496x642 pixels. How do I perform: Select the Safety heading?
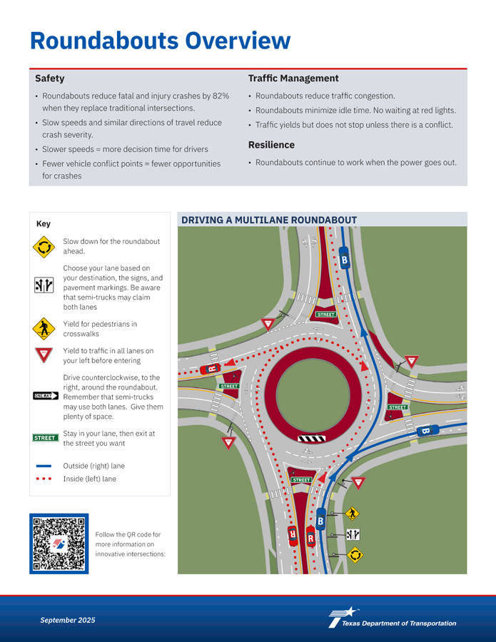point(50,78)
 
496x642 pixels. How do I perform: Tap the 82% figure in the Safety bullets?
point(220,96)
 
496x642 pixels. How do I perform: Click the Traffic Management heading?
point(293,78)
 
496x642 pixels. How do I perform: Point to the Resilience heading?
point(271,145)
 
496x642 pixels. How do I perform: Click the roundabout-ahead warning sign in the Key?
point(43,247)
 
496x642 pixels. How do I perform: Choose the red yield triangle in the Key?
point(43,355)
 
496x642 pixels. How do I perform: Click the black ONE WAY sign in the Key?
point(46,396)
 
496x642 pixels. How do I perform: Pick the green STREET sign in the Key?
point(46,437)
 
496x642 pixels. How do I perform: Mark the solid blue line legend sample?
point(44,465)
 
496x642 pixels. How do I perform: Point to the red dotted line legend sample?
point(44,479)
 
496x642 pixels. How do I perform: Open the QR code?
point(59,544)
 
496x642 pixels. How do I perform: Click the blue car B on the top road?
point(344,261)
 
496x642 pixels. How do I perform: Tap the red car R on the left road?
point(212,369)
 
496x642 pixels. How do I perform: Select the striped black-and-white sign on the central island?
point(311,438)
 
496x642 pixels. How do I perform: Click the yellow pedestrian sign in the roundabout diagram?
point(352,514)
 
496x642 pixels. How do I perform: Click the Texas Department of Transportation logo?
point(392,618)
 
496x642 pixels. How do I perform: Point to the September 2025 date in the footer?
point(67,621)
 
